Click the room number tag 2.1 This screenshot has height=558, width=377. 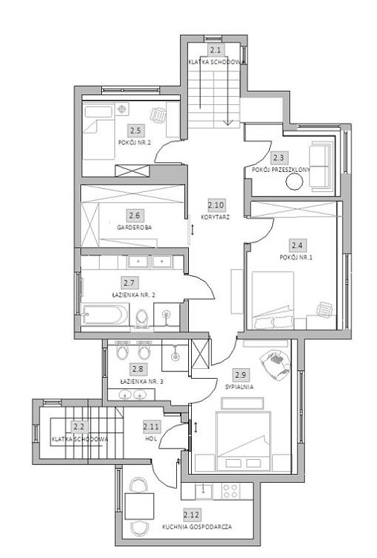point(216,51)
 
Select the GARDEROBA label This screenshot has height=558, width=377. point(135,228)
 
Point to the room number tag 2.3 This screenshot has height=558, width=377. point(278,158)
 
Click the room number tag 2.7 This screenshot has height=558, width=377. point(129,283)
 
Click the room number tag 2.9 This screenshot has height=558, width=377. point(239,375)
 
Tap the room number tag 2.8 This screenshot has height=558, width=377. point(137,368)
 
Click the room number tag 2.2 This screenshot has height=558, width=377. point(78,427)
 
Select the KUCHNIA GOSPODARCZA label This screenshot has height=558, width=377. point(196,526)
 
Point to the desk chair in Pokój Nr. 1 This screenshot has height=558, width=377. point(325,308)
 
